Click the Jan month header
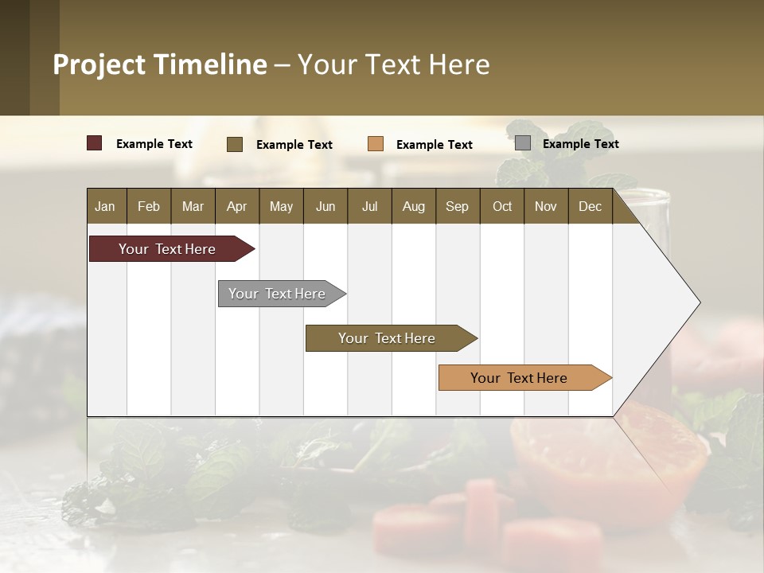(x=105, y=206)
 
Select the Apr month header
(x=236, y=206)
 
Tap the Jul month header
(x=369, y=206)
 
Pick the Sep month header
(x=457, y=206)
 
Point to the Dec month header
(x=590, y=206)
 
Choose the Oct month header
(x=502, y=206)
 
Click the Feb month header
(x=149, y=206)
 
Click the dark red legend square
(x=95, y=143)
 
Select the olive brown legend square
(x=235, y=144)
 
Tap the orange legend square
(x=376, y=144)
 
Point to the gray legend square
(x=523, y=143)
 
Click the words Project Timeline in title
(x=160, y=64)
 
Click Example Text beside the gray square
(x=580, y=144)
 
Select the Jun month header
(x=325, y=206)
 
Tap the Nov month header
(x=546, y=206)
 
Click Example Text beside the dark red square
(x=154, y=144)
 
